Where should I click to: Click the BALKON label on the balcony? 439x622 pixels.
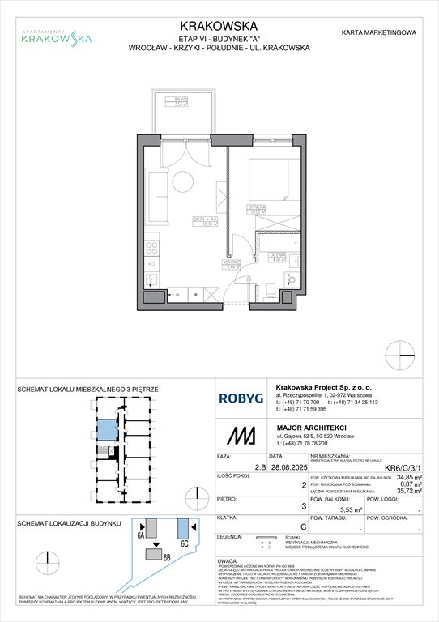(x=181, y=100)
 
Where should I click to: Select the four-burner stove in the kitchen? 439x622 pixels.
(x=151, y=248)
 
